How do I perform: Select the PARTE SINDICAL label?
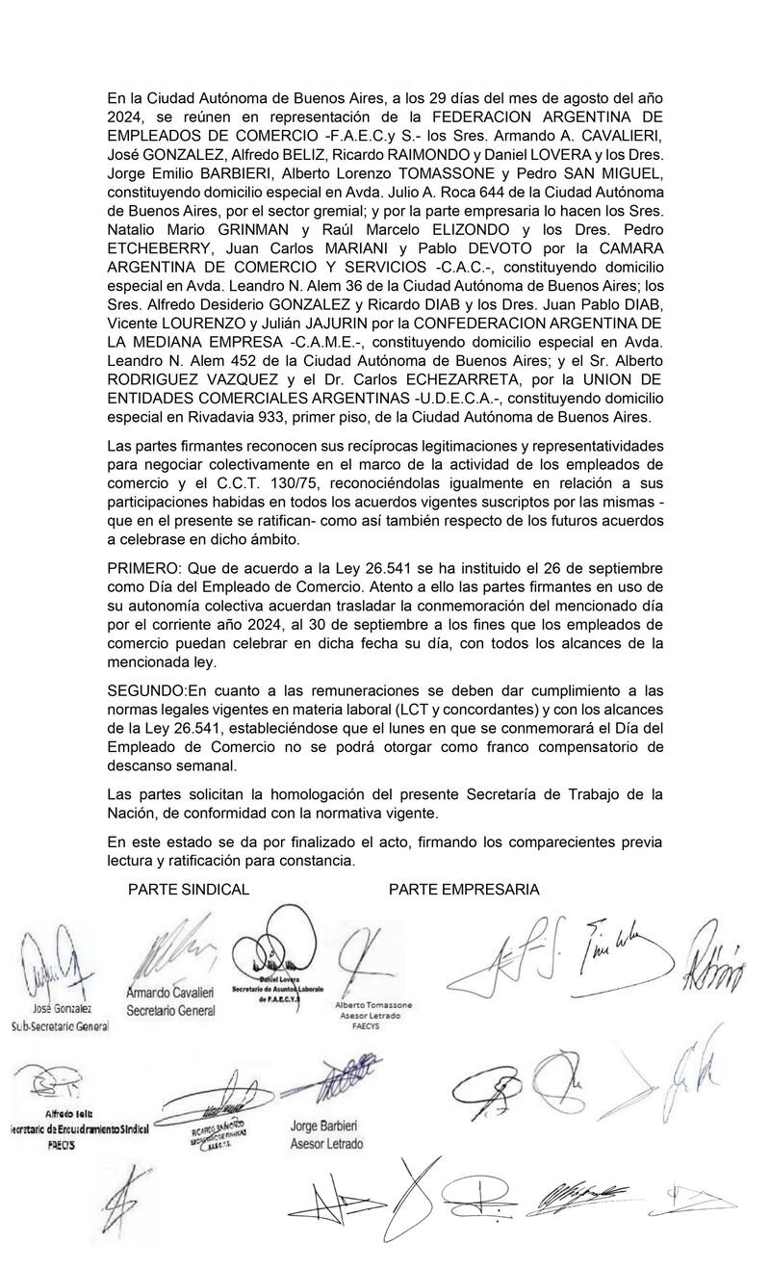point(189,890)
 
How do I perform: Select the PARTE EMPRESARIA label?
point(464,890)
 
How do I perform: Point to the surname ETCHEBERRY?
point(158,249)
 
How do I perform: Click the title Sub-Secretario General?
point(60,1026)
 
